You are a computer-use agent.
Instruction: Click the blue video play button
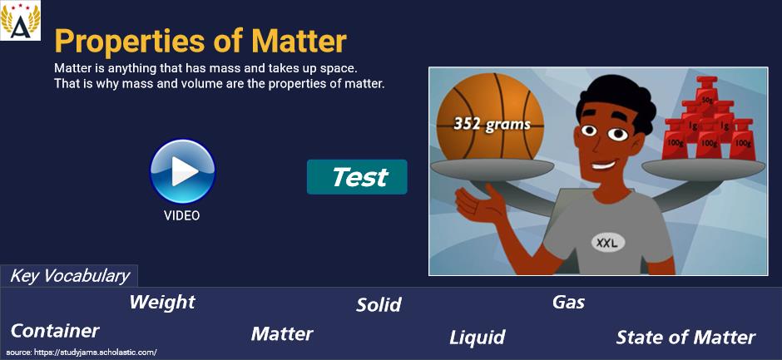[182, 171]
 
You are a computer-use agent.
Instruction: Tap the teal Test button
[357, 177]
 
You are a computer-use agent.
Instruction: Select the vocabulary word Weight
[162, 302]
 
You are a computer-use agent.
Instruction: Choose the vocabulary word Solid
[379, 305]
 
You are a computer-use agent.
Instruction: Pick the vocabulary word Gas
[568, 302]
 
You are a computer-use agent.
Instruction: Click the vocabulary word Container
[55, 331]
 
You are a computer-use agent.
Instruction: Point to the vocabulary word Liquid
[478, 338]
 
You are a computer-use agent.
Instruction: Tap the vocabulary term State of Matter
[685, 338]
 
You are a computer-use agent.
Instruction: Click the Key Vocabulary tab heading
[69, 276]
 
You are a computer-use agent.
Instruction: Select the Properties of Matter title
[200, 41]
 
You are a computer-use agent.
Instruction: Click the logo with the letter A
[21, 21]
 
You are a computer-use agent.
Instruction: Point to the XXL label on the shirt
[607, 243]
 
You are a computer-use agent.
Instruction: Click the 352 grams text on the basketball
[492, 124]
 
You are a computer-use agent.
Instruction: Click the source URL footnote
[82, 352]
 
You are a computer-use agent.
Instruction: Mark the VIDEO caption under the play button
[181, 215]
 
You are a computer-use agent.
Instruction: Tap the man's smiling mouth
[604, 164]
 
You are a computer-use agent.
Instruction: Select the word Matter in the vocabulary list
[282, 333]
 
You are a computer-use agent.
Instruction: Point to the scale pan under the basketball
[492, 170]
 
